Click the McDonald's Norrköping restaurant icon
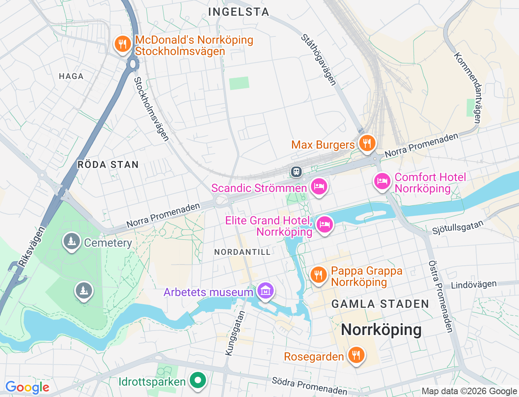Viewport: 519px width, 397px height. pyautogui.click(x=122, y=44)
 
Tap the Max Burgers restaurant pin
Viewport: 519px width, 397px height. pyautogui.click(x=367, y=143)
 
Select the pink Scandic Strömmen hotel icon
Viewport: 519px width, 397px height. pyautogui.click(x=319, y=187)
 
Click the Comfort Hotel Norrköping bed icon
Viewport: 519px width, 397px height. pyautogui.click(x=382, y=181)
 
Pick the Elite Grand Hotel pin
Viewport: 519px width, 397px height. pyautogui.click(x=324, y=224)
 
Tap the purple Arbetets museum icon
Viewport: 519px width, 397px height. pyautogui.click(x=265, y=291)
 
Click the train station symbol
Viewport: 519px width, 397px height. pyautogui.click(x=296, y=172)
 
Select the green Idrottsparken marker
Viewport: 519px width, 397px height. pyautogui.click(x=198, y=380)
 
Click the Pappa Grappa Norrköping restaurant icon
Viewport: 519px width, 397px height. pyautogui.click(x=319, y=275)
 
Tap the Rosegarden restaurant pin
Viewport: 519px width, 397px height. pyautogui.click(x=356, y=355)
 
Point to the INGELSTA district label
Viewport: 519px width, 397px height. pyautogui.click(x=238, y=12)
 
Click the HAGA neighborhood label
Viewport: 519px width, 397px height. pyautogui.click(x=71, y=76)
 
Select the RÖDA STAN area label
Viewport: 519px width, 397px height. pyautogui.click(x=108, y=164)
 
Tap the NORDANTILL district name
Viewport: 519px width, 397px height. pyautogui.click(x=242, y=252)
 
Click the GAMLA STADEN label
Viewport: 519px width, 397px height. pyautogui.click(x=380, y=304)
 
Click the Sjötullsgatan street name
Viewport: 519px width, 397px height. pyautogui.click(x=458, y=227)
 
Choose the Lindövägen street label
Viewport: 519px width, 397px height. pyautogui.click(x=474, y=285)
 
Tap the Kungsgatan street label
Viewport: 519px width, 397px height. pyautogui.click(x=235, y=333)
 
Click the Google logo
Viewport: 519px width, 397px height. pyautogui.click(x=27, y=388)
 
